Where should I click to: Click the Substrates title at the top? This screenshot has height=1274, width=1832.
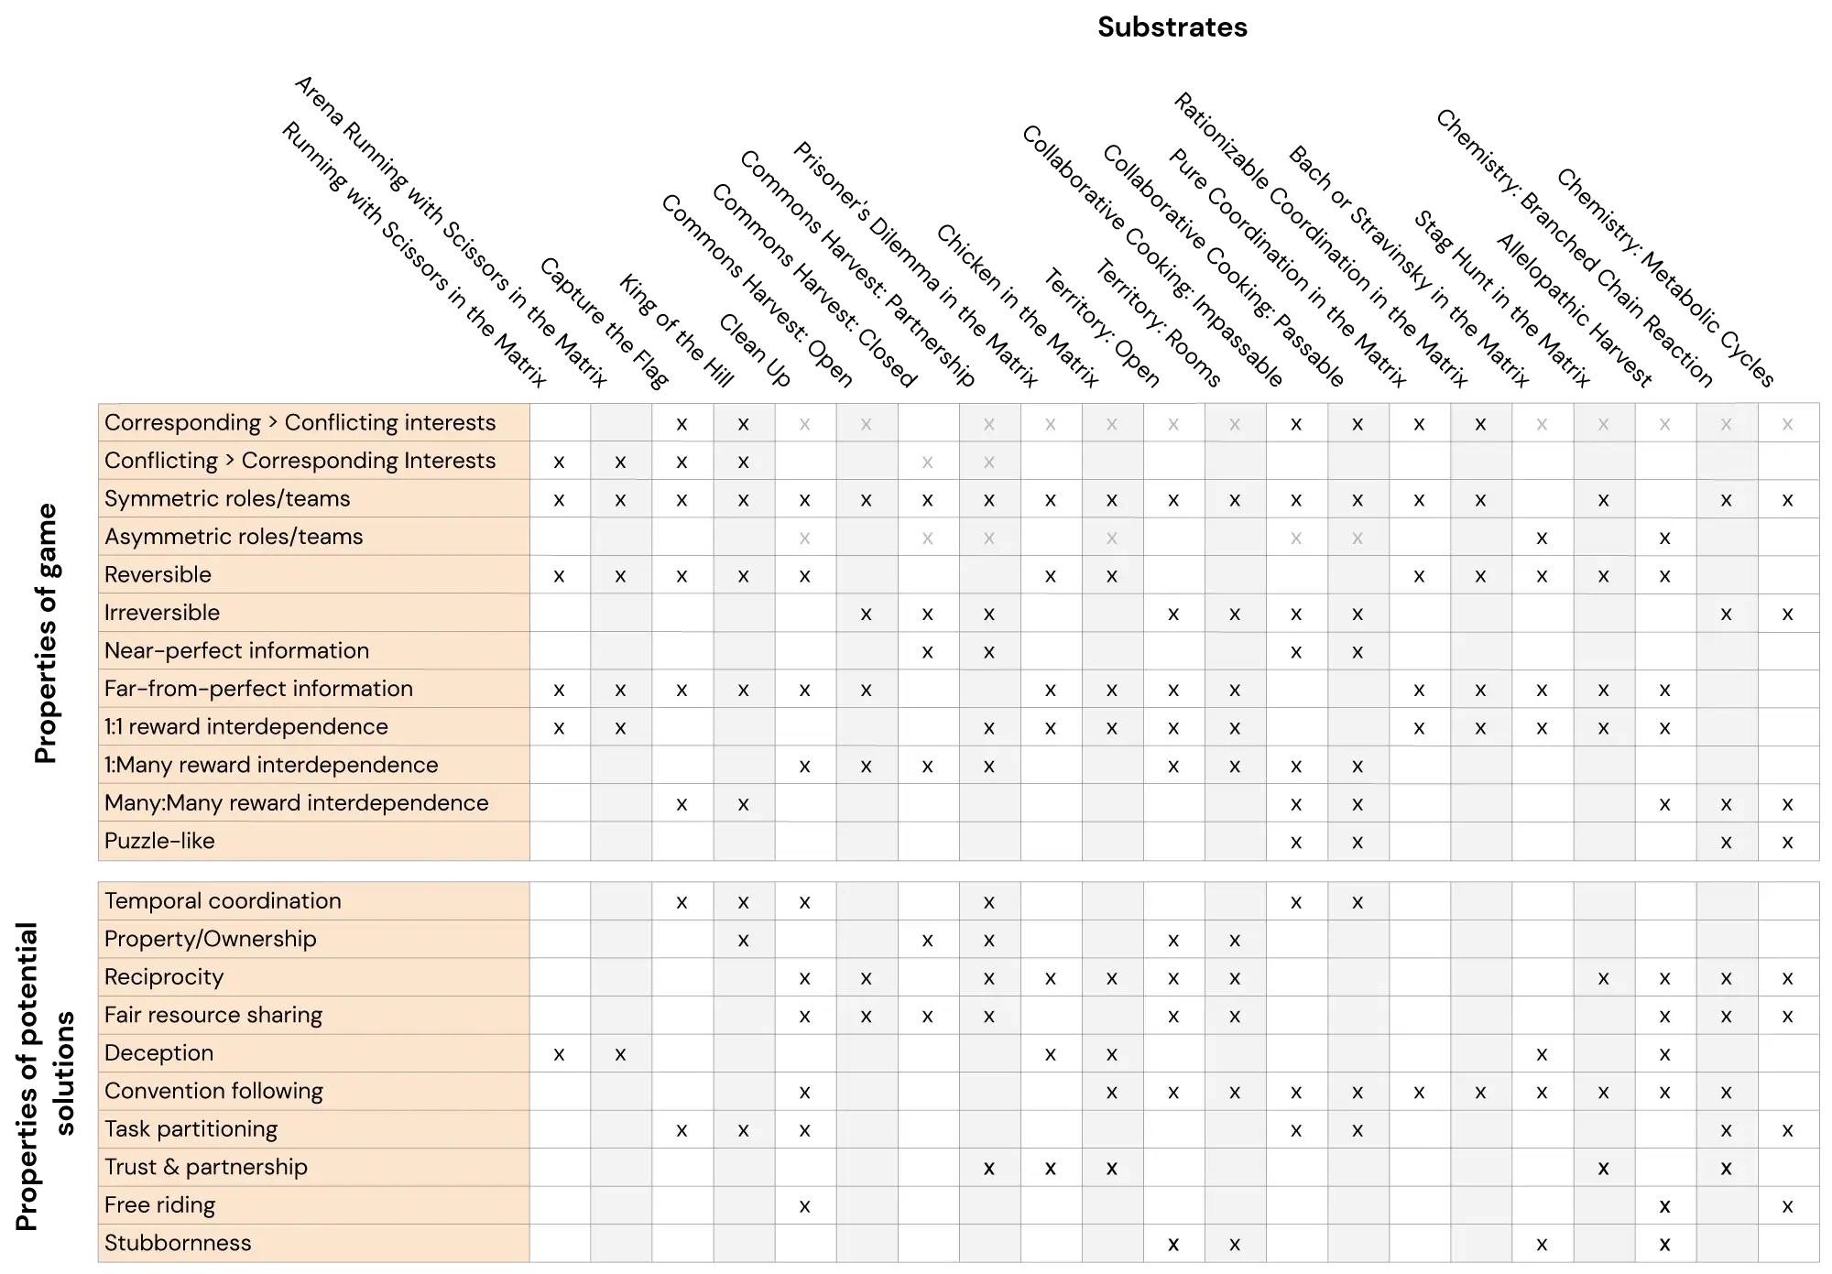pyautogui.click(x=1172, y=27)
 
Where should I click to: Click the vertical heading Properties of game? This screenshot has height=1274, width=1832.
pyautogui.click(x=46, y=633)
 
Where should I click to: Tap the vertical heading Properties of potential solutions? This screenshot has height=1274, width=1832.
pyautogui.click(x=45, y=1075)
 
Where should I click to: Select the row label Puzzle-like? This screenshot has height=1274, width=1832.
pyautogui.click(x=159, y=841)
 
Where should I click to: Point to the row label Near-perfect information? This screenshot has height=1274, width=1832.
pyautogui.click(x=236, y=650)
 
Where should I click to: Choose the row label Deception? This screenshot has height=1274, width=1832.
pyautogui.click(x=158, y=1053)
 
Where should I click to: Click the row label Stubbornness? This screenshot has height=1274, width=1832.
pyautogui.click(x=178, y=1243)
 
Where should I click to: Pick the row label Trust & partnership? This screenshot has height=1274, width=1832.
pyautogui.click(x=206, y=1167)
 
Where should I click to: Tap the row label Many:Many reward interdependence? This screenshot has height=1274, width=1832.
pyautogui.click(x=297, y=803)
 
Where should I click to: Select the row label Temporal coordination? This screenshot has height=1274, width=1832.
pyautogui.click(x=223, y=900)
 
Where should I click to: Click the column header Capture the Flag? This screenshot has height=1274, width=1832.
pyautogui.click(x=605, y=322)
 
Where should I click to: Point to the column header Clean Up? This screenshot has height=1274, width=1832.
pyautogui.click(x=755, y=350)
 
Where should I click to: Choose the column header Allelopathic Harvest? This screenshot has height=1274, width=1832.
pyautogui.click(x=1575, y=310)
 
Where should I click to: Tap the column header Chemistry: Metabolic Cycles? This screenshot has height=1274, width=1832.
pyautogui.click(x=1666, y=278)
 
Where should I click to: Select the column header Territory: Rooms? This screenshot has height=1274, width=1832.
pyautogui.click(x=1159, y=323)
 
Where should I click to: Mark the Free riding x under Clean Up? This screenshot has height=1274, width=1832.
pyautogui.click(x=804, y=1206)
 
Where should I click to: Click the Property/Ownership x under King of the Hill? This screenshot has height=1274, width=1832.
pyautogui.click(x=743, y=940)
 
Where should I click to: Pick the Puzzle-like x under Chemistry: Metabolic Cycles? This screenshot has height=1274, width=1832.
pyautogui.click(x=1787, y=842)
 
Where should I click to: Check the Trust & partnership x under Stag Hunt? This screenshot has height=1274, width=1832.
pyautogui.click(x=1603, y=1168)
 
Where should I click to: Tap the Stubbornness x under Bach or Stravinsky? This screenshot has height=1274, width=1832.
pyautogui.click(x=1542, y=1244)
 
